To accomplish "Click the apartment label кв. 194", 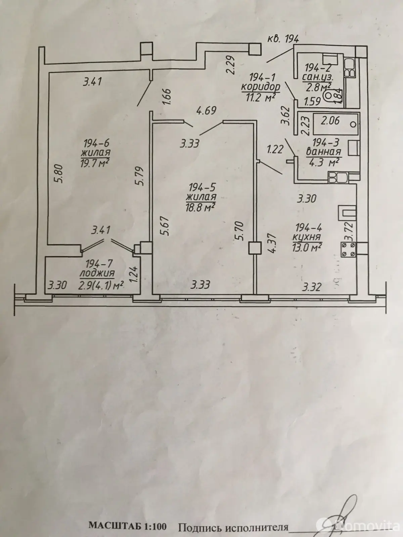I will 283,39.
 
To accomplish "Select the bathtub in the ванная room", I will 336,124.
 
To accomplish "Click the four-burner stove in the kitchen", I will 348,249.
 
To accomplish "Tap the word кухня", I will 306,237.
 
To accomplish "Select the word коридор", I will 261,87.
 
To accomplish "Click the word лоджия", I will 97,274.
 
